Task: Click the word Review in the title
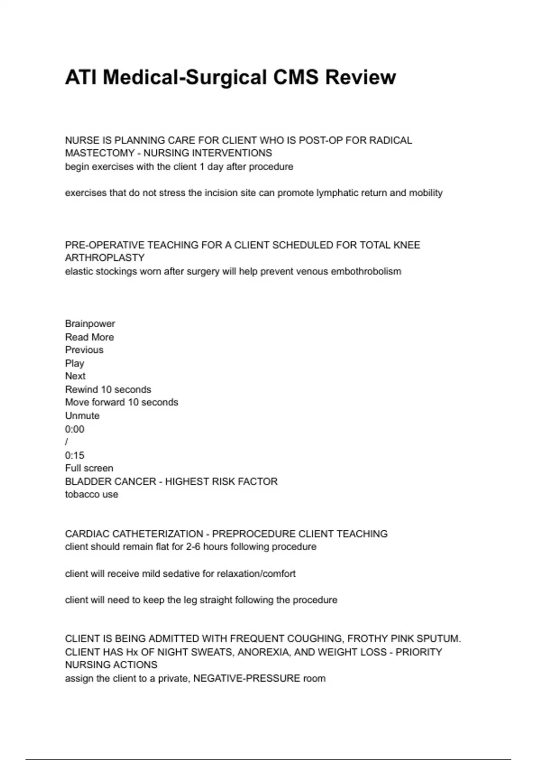pos(360,77)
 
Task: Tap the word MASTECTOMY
pos(100,153)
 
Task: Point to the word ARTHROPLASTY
pos(105,258)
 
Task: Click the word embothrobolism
pos(366,271)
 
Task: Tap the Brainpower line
pos(90,324)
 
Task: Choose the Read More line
pos(89,337)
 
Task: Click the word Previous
pos(84,350)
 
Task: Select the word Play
pos(74,363)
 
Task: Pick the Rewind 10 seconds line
pos(108,389)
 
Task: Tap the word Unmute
pos(82,416)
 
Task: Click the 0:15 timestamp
pos(74,456)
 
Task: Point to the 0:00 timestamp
pos(74,429)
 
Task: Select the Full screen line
pos(89,468)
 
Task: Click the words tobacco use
pos(91,494)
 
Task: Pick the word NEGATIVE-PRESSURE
pos(247,679)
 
